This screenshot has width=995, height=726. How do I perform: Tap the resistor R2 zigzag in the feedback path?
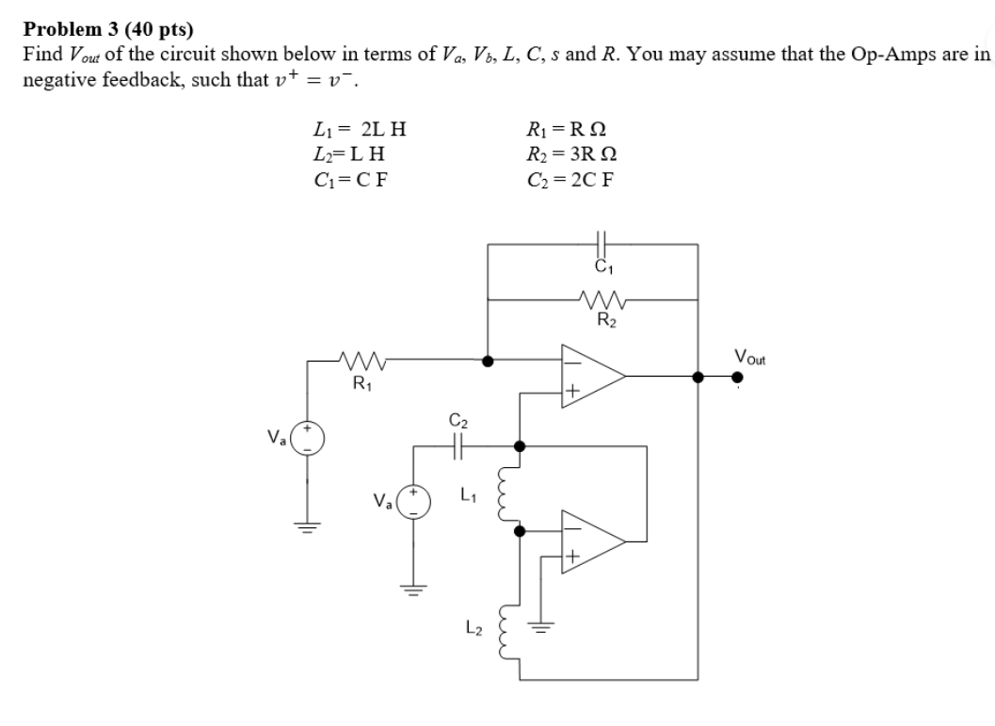click(x=602, y=302)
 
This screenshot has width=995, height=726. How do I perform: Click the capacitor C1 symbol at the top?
click(x=602, y=243)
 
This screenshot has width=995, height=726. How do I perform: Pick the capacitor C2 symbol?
click(x=458, y=445)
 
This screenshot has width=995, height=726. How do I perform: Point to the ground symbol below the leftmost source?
click(x=306, y=526)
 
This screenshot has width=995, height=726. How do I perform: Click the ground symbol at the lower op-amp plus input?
click(x=540, y=628)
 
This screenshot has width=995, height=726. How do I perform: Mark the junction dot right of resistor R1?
click(x=487, y=361)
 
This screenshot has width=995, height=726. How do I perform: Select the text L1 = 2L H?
click(x=357, y=129)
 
